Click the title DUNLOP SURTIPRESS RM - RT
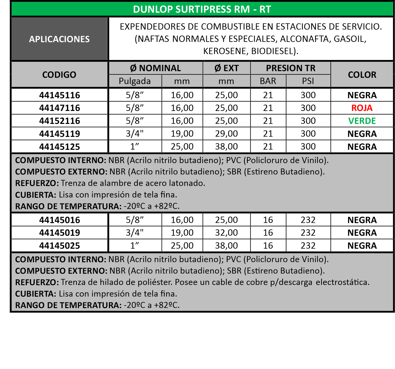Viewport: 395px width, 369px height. click(x=202, y=9)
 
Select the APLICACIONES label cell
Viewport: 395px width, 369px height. click(x=59, y=39)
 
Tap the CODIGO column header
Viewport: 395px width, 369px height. click(x=59, y=75)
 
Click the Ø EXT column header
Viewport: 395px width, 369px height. click(x=226, y=68)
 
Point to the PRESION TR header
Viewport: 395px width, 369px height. click(x=290, y=68)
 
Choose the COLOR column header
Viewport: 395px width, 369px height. click(x=362, y=75)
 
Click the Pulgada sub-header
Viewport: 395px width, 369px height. click(x=135, y=81)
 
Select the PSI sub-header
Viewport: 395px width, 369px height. click(x=308, y=81)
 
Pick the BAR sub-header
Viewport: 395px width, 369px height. click(x=268, y=81)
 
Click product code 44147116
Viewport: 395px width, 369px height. click(x=59, y=108)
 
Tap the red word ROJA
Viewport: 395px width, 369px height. click(x=362, y=108)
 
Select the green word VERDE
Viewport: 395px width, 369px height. click(x=362, y=121)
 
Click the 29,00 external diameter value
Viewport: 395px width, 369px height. click(x=226, y=134)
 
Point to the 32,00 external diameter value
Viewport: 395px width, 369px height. click(x=226, y=233)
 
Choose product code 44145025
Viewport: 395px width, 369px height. click(x=59, y=246)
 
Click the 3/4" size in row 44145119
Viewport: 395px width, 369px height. click(x=135, y=134)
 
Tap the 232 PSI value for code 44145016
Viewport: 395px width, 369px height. click(x=308, y=220)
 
